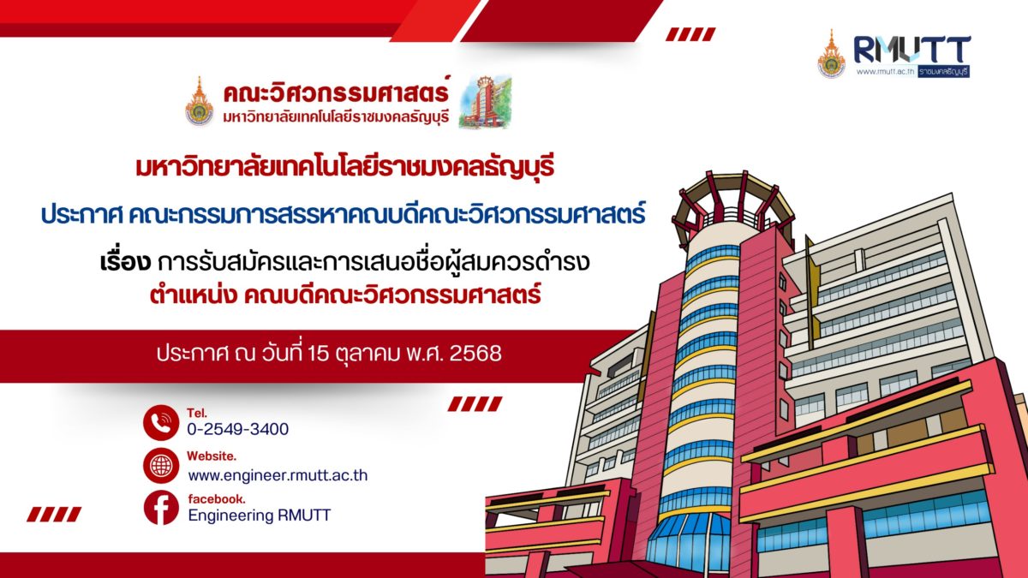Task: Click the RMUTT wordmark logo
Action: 911,50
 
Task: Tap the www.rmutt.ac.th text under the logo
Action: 885,72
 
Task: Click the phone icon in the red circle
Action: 161,422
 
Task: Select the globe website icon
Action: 161,466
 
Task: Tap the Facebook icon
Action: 161,508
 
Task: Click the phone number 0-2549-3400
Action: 238,429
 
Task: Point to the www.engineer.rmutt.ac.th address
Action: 278,475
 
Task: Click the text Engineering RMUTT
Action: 260,515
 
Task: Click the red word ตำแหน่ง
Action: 194,294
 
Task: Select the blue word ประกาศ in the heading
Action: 81,215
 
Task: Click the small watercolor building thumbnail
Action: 485,102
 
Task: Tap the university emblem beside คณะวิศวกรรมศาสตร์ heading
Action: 199,101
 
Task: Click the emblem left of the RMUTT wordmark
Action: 831,54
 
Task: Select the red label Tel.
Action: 197,413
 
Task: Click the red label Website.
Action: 211,456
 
